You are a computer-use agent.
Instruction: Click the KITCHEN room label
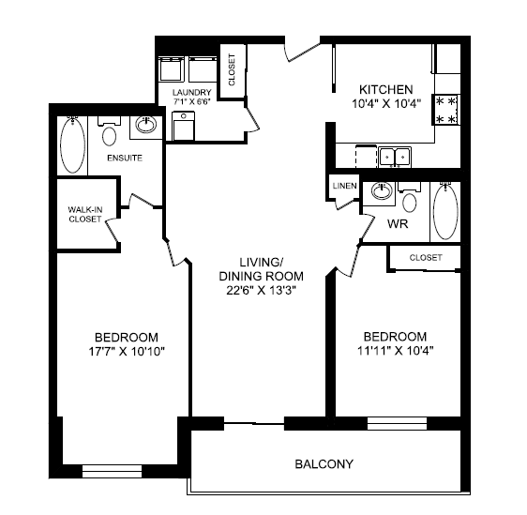pyautogui.click(x=380, y=88)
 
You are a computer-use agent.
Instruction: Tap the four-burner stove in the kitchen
pyautogui.click(x=444, y=110)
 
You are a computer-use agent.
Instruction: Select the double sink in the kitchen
pyautogui.click(x=394, y=156)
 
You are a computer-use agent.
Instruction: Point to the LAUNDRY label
pyautogui.click(x=192, y=92)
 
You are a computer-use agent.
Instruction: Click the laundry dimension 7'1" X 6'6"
pyautogui.click(x=192, y=102)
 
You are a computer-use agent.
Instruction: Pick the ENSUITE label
pyautogui.click(x=124, y=158)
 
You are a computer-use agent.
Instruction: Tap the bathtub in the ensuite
pyautogui.click(x=72, y=145)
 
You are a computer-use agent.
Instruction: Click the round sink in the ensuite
pyautogui.click(x=145, y=125)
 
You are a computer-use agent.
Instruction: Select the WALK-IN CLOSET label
pyautogui.click(x=85, y=215)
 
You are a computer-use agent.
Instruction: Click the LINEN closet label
pyautogui.click(x=343, y=186)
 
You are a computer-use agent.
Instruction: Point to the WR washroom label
pyautogui.click(x=396, y=224)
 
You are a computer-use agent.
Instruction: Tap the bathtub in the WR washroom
pyautogui.click(x=444, y=212)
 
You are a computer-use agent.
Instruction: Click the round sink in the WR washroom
pyautogui.click(x=381, y=192)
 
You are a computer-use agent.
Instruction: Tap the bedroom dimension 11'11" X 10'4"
pyautogui.click(x=395, y=352)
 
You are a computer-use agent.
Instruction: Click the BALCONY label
pyautogui.click(x=324, y=464)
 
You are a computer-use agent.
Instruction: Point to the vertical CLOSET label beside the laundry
pyautogui.click(x=232, y=68)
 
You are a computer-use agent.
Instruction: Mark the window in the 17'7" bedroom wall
pyautogui.click(x=112, y=469)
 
